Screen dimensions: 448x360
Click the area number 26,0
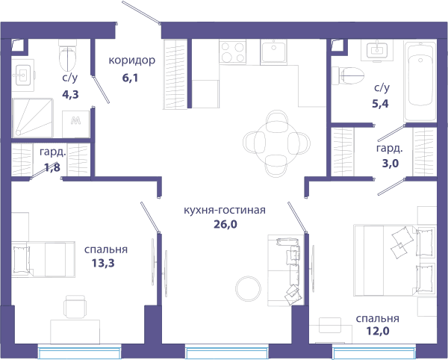(225, 225)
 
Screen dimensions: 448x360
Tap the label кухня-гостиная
(225, 210)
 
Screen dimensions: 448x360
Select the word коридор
(132, 60)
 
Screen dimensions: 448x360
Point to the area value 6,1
(130, 78)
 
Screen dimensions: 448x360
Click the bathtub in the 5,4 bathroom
(420, 82)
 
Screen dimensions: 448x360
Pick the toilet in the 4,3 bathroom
(68, 55)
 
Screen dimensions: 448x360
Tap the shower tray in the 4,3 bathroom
(33, 118)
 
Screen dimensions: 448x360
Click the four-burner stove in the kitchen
(232, 52)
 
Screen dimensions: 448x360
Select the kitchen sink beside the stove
(273, 52)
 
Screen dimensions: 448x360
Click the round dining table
(277, 143)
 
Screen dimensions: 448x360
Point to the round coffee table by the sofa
(248, 288)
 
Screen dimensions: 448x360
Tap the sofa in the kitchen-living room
(286, 270)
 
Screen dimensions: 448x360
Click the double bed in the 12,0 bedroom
(394, 260)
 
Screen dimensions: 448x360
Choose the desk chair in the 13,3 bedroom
(75, 306)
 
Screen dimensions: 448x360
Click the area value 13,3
(103, 263)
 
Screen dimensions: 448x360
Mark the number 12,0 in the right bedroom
(378, 332)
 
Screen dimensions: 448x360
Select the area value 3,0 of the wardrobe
(391, 164)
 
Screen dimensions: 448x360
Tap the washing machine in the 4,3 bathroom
(75, 124)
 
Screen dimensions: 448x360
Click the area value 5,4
(380, 104)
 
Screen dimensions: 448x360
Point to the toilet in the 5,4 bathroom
(348, 76)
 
